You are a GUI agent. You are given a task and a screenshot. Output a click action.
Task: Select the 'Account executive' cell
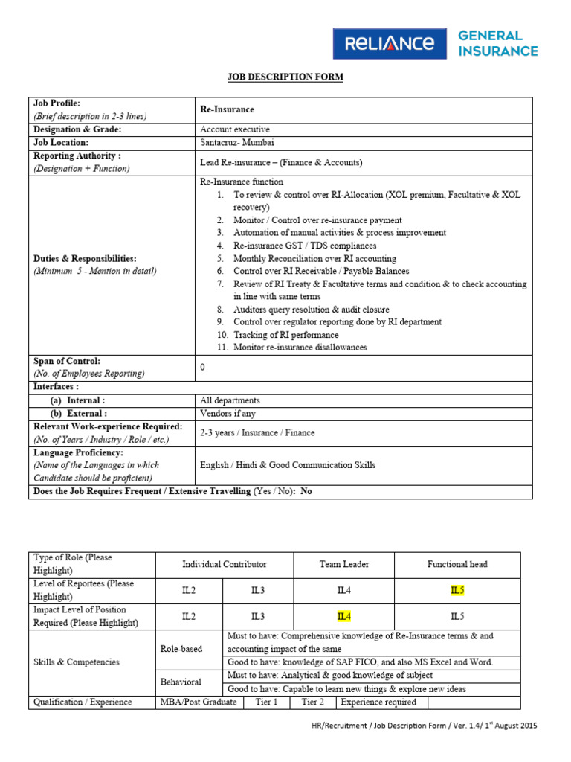[235, 129]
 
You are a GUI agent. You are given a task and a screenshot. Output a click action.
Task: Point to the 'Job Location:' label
[61, 142]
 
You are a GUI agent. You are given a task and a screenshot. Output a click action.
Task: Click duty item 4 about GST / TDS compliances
[305, 246]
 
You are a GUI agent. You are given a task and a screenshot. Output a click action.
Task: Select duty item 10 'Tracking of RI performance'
[285, 335]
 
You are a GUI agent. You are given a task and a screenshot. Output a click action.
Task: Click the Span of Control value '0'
[203, 368]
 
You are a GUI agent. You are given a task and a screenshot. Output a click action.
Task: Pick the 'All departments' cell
[230, 400]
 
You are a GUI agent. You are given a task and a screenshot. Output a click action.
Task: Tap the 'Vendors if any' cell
[228, 413]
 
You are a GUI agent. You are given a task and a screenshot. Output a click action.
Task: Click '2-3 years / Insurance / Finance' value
[257, 432]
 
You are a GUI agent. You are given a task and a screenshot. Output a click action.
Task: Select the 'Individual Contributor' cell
[225, 564]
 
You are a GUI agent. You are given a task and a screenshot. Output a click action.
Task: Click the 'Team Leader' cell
[343, 564]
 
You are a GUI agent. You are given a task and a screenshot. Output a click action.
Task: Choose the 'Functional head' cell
[457, 564]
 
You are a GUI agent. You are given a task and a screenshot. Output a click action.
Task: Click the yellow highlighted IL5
[457, 590]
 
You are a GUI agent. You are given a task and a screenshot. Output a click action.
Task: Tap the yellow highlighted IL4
[343, 616]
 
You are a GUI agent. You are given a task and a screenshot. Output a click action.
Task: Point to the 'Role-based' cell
[181, 649]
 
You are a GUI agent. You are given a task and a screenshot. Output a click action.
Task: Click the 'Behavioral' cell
[181, 682]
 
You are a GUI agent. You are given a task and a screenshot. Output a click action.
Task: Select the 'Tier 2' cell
[312, 702]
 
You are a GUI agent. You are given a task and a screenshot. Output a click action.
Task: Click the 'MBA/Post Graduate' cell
[199, 702]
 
